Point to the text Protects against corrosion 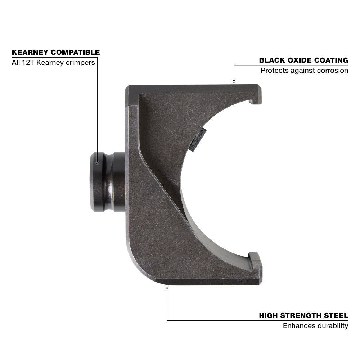[x=304, y=71]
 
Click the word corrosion [x=332, y=71]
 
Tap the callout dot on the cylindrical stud [x=97, y=163]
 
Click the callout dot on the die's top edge [x=234, y=81]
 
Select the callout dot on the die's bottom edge [x=167, y=287]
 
